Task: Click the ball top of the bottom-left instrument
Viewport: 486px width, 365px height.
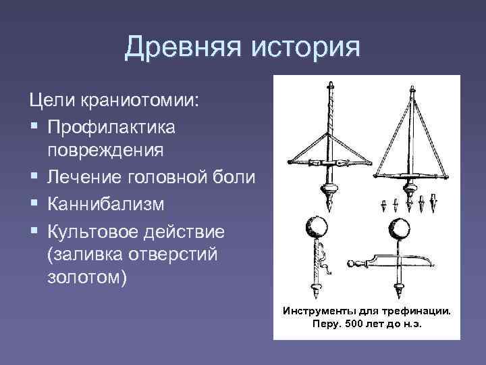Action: point(316,226)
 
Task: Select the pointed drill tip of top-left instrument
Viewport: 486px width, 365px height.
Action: point(331,202)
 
